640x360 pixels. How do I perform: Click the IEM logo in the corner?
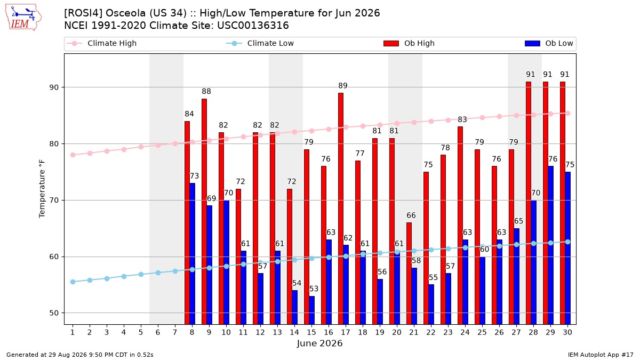point(23,18)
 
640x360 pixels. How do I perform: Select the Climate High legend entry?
point(101,43)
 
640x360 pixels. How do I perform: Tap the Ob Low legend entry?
point(549,43)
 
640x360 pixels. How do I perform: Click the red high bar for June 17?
point(341,209)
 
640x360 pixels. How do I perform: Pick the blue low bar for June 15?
point(311,310)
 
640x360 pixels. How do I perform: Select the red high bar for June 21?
point(409,274)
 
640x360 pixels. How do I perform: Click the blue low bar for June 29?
point(550,245)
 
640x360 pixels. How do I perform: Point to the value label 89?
point(343,86)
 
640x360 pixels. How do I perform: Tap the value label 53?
point(314,289)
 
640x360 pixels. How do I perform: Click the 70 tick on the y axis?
point(54,201)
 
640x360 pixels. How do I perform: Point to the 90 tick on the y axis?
point(54,87)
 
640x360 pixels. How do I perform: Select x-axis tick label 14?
point(294,332)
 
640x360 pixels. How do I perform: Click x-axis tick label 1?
point(73,332)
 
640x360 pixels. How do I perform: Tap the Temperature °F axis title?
point(42,189)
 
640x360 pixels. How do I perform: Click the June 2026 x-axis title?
point(319,343)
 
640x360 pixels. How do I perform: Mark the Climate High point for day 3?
point(107,151)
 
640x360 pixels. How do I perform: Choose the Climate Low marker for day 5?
point(141,274)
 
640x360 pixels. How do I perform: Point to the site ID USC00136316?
point(253,26)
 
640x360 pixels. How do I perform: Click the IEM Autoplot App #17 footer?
point(601,355)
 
